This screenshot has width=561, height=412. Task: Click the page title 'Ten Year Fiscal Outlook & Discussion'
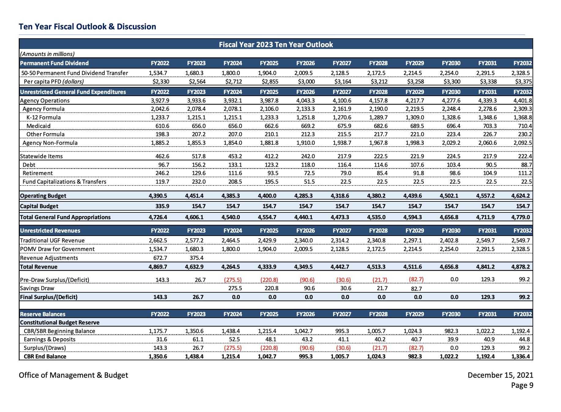[x=87, y=27]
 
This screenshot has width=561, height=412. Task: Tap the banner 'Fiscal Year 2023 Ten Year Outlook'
[x=276, y=45]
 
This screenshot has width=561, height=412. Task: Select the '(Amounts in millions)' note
[x=47, y=54]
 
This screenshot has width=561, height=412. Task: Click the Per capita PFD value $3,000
[x=306, y=81]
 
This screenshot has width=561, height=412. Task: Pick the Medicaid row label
[x=39, y=126]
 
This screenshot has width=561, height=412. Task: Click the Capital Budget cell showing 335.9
[x=162, y=206]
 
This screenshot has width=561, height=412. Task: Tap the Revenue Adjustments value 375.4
[x=197, y=258]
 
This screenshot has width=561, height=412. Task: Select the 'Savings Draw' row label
[x=37, y=288]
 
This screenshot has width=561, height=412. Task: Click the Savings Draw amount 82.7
[x=417, y=289]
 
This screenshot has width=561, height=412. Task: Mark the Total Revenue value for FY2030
[x=449, y=267]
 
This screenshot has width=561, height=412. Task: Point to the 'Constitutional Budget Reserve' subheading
[x=60, y=322]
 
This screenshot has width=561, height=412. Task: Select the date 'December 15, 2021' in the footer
[x=500, y=375]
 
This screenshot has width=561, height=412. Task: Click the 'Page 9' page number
[x=522, y=385]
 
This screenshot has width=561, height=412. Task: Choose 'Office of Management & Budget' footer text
[x=73, y=375]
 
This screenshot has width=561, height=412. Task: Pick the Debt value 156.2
[x=199, y=165]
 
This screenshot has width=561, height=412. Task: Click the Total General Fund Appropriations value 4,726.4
[x=158, y=217]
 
